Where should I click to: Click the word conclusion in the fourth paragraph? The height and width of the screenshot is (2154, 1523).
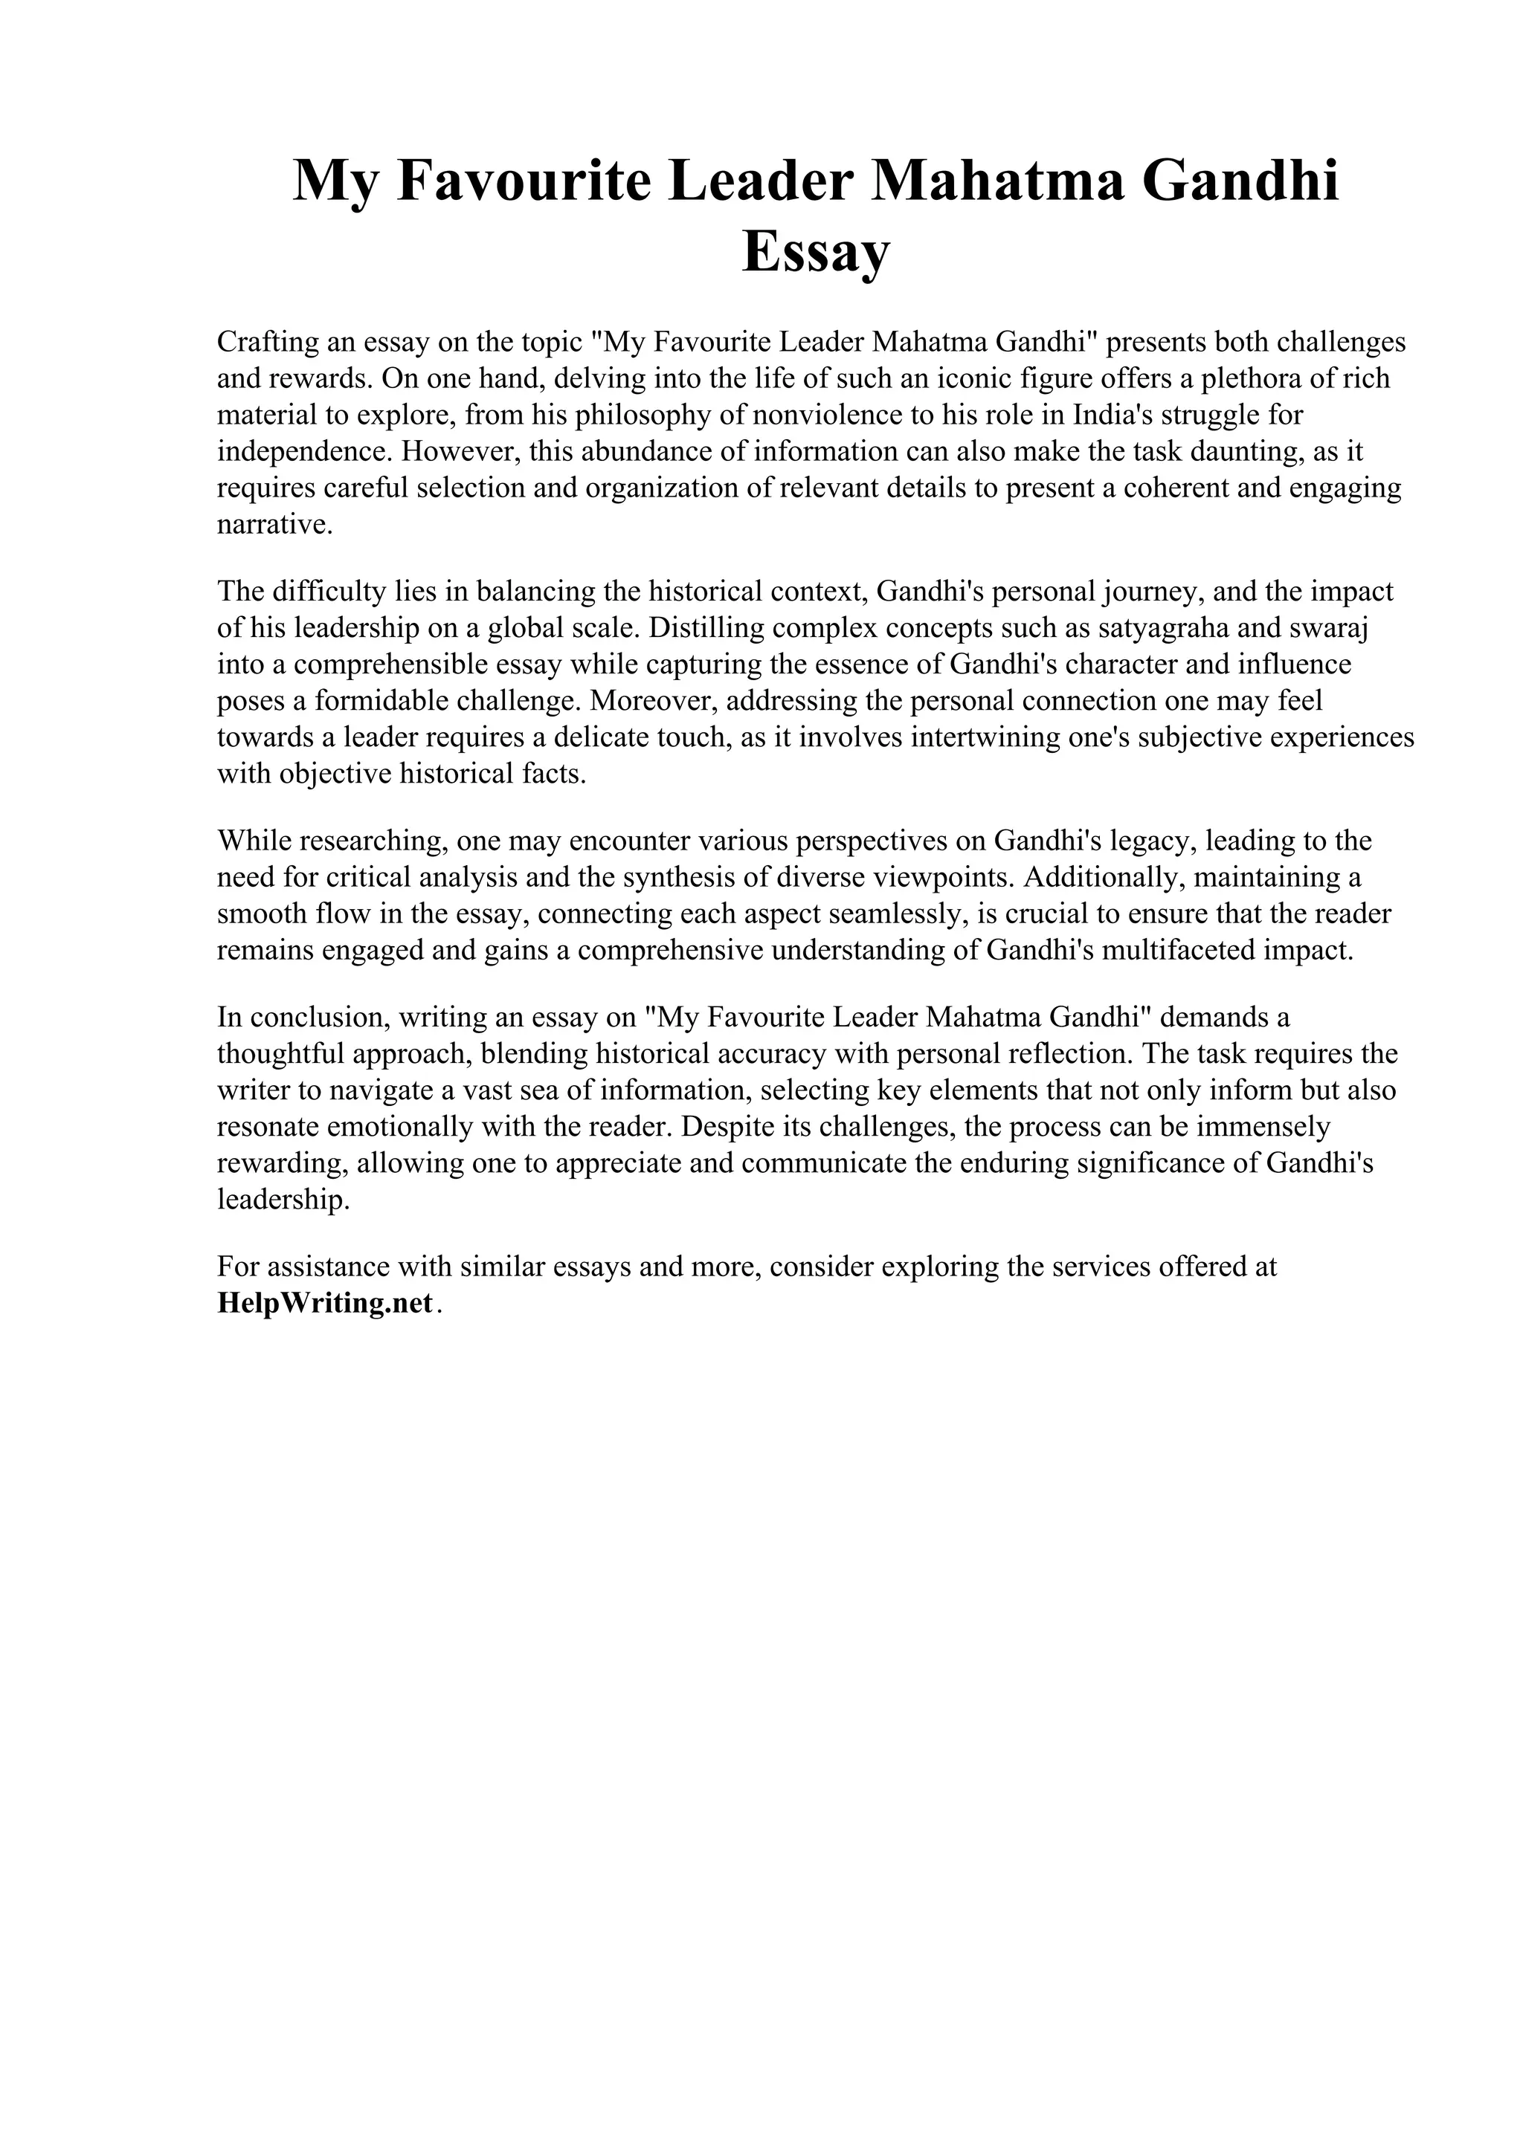click(312, 1017)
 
